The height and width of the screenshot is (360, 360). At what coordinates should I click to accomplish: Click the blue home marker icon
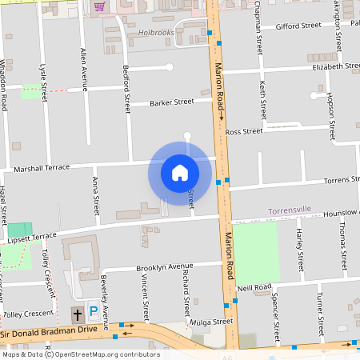pyautogui.click(x=179, y=172)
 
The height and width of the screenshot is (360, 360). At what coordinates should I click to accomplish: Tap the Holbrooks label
pyautogui.click(x=156, y=33)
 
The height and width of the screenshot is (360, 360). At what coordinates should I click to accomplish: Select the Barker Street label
pyautogui.click(x=172, y=102)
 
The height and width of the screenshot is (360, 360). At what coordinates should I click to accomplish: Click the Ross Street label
pyautogui.click(x=244, y=131)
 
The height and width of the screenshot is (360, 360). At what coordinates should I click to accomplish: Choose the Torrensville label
pyautogui.click(x=290, y=210)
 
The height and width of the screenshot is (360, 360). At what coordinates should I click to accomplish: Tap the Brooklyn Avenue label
pyautogui.click(x=165, y=266)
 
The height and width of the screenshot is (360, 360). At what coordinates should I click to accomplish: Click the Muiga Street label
pyautogui.click(x=211, y=322)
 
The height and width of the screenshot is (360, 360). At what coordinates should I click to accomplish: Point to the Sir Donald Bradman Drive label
pyautogui.click(x=49, y=329)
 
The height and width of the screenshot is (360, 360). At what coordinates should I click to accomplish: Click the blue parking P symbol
pyautogui.click(x=94, y=312)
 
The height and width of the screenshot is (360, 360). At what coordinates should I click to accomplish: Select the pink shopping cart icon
pyautogui.click(x=99, y=6)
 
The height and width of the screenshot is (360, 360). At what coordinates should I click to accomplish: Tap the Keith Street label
pyautogui.click(x=263, y=99)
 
